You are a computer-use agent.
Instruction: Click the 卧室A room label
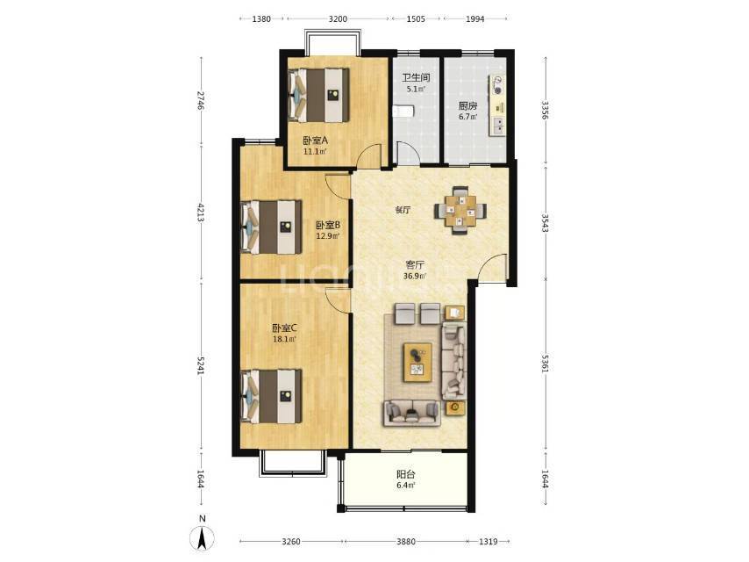tap(315, 140)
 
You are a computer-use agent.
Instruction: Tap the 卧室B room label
tap(328, 225)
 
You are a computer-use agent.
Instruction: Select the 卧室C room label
tap(284, 328)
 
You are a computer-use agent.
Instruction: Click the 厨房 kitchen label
tap(467, 105)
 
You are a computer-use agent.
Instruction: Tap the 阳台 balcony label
tap(405, 474)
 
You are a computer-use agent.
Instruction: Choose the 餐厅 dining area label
tap(403, 210)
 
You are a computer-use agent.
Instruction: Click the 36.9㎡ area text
tap(415, 276)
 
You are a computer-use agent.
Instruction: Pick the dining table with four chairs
tap(460, 211)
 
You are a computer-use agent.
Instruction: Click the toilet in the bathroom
tap(403, 112)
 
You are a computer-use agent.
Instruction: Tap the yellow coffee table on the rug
tap(417, 362)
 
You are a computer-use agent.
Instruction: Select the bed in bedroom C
tap(271, 396)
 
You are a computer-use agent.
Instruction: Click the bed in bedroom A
tap(318, 95)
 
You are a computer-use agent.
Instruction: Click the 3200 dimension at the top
tap(338, 19)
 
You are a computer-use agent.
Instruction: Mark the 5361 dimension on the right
tap(545, 363)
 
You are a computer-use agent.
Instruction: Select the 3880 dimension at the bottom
tap(405, 542)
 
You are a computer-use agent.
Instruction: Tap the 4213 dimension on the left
tap(202, 213)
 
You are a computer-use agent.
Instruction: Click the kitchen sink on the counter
tap(498, 126)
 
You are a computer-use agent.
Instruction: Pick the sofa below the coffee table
tap(411, 414)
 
